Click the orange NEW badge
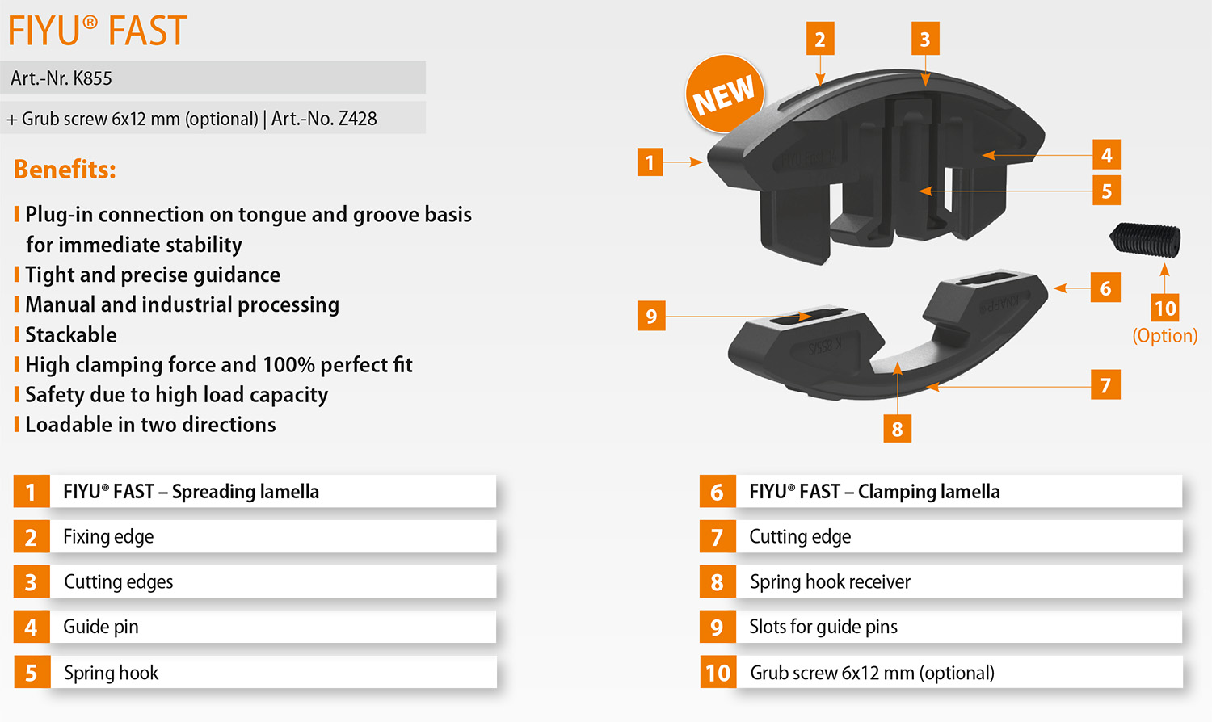coord(724,94)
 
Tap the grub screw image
coord(1146,240)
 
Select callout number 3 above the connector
coord(925,39)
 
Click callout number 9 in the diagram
coord(651,316)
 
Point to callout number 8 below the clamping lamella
coord(897,429)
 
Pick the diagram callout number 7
coord(1105,385)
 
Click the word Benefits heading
coord(65,170)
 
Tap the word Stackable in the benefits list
coord(71,334)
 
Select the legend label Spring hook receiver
coord(830,582)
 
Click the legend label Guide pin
coord(101,627)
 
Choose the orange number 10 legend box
coord(718,673)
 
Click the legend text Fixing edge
coord(108,537)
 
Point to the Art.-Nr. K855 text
coord(61,78)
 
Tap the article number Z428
coord(357,119)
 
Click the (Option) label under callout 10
coord(1164,336)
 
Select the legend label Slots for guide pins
coord(823,627)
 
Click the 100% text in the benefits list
coord(288,365)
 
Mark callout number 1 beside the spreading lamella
coord(650,162)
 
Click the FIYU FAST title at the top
coord(98,31)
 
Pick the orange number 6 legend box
coord(717,492)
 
